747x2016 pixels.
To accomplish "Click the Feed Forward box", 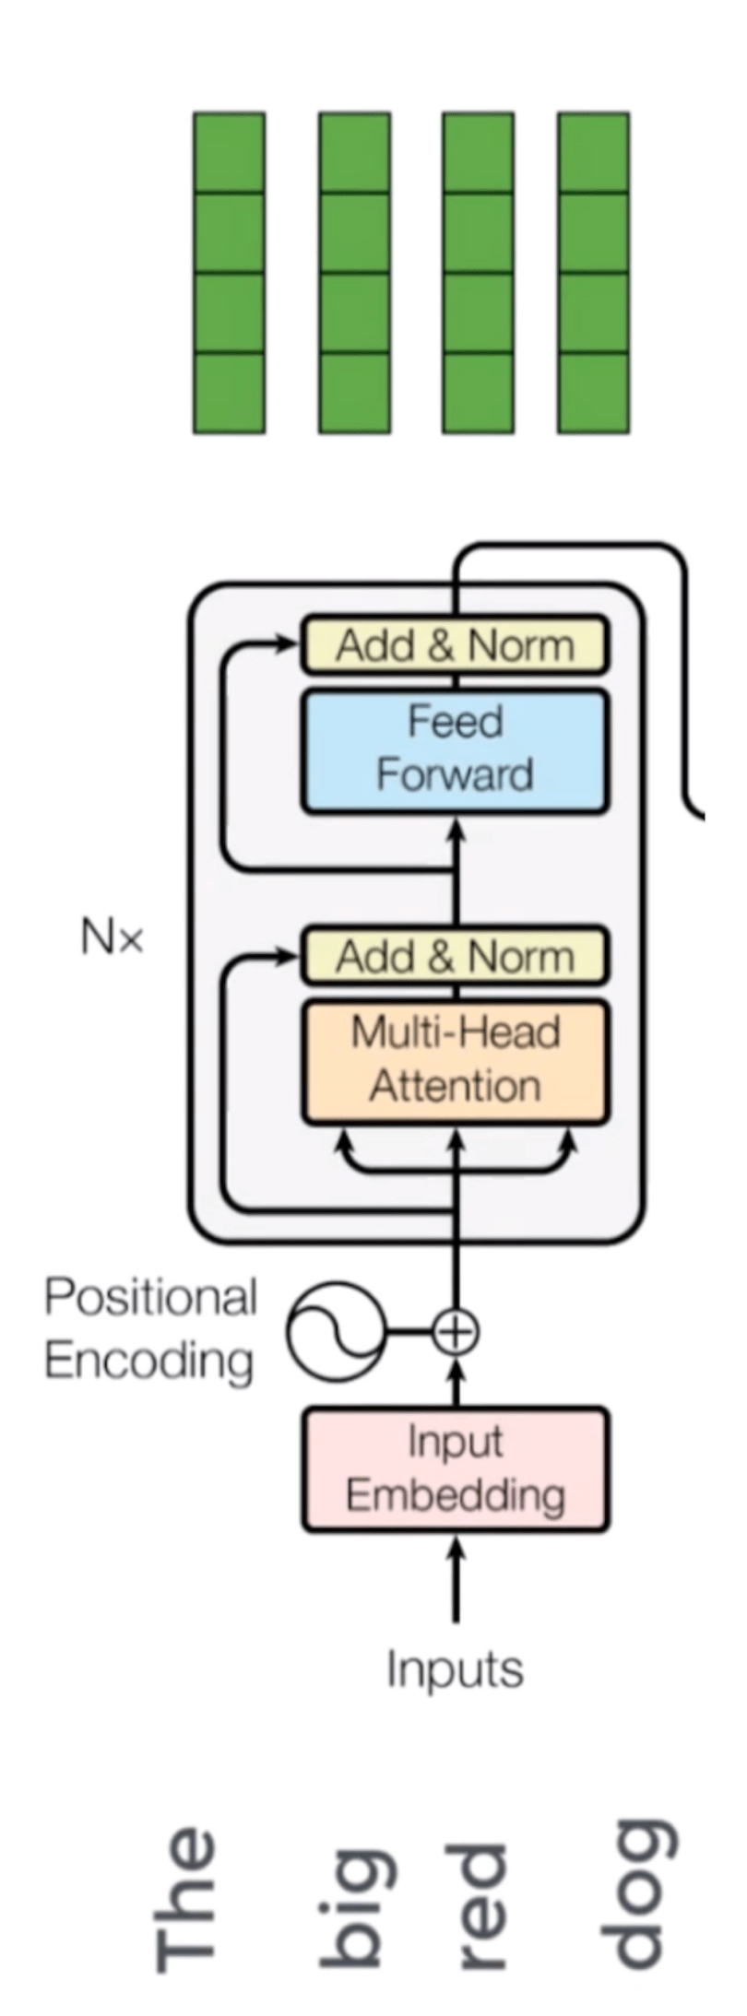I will coord(455,749).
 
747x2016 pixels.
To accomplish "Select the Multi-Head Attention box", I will coord(455,1060).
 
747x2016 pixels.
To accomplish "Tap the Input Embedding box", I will coord(455,1468).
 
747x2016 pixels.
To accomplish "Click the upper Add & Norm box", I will coord(455,645).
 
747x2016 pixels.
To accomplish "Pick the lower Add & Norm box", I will coord(455,956).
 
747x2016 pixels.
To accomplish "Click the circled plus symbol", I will coord(455,1331).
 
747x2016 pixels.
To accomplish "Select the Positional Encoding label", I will coord(150,1328).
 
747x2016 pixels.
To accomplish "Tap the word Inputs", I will coord(455,1669).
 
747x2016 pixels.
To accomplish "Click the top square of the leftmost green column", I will coord(229,153).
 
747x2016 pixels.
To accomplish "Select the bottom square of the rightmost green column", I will coord(594,393).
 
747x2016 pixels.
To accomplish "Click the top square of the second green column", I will coord(354,153).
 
